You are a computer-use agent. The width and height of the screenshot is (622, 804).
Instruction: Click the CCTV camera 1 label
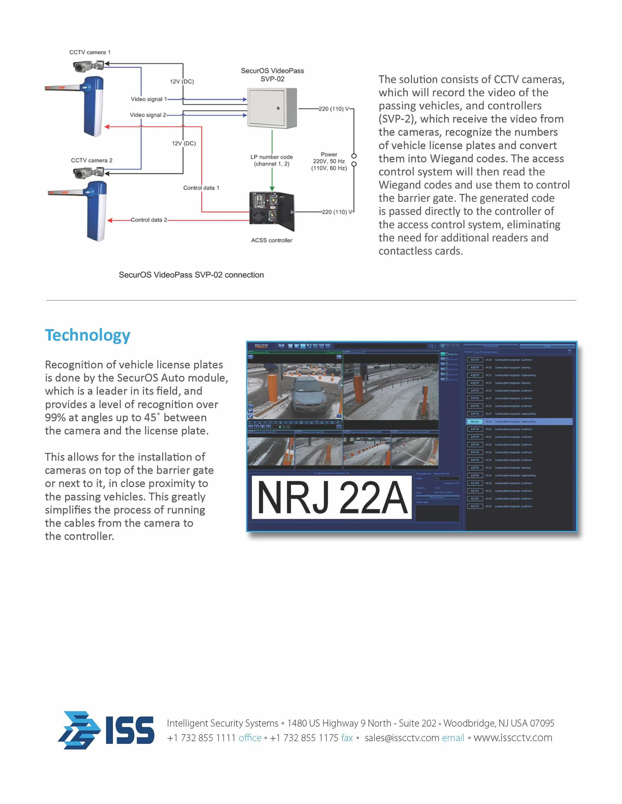point(90,52)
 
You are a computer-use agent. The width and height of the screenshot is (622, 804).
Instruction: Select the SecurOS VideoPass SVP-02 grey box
point(272,108)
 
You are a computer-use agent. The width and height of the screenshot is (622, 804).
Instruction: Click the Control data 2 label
point(149,220)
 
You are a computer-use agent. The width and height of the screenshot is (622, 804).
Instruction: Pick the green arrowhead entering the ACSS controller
point(272,188)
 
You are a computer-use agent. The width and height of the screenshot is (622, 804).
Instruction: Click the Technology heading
point(88,335)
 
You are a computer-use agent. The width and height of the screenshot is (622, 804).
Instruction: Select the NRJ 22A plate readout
point(332,498)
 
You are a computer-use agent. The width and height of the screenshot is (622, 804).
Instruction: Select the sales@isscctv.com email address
point(402,738)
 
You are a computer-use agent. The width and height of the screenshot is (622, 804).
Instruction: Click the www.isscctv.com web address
point(513,738)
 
